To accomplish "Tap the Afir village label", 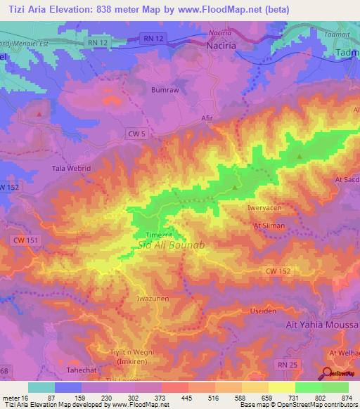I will (207, 118).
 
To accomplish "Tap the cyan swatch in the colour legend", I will (41, 387).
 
